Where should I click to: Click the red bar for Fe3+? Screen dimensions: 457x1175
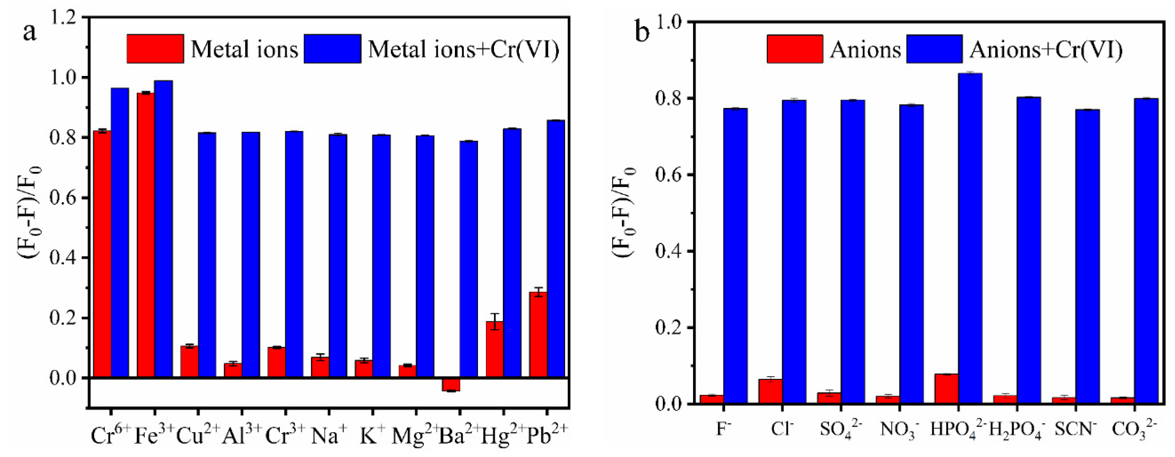click(x=146, y=235)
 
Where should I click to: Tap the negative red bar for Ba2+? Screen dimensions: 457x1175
click(x=451, y=385)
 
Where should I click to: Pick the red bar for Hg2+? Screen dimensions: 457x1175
click(x=494, y=349)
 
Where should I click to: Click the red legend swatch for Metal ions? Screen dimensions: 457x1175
click(x=155, y=48)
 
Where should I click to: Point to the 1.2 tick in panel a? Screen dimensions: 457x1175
click(x=64, y=18)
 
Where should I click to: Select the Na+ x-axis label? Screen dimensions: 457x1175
click(x=329, y=435)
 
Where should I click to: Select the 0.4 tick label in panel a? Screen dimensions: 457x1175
click(x=64, y=258)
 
